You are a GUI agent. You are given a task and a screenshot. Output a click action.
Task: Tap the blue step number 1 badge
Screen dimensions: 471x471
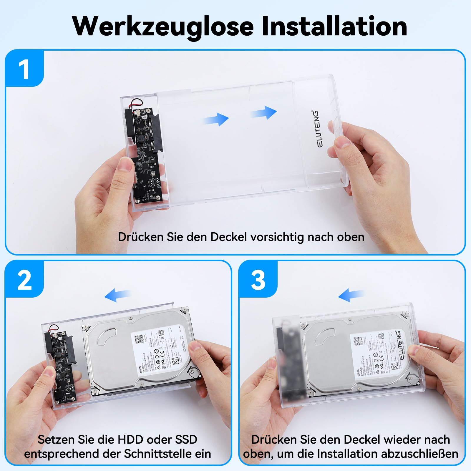click(24, 69)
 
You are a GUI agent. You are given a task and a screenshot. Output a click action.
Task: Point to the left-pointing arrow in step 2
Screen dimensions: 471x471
click(117, 295)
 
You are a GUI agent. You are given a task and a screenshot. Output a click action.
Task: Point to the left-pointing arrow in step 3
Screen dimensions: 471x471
click(351, 295)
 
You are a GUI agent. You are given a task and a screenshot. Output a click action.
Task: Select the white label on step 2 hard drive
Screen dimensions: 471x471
click(159, 350)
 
